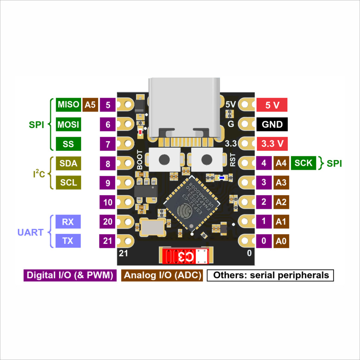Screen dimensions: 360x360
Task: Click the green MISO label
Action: point(69,105)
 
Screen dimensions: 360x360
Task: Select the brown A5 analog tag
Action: point(90,105)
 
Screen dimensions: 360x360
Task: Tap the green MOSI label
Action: point(69,124)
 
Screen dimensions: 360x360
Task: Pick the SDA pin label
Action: point(69,163)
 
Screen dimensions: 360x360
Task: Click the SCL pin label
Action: point(69,183)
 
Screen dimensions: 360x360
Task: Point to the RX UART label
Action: point(68,222)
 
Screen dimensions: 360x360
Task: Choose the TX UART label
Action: point(68,241)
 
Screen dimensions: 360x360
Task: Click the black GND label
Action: point(272,124)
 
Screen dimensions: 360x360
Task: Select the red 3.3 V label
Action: point(272,144)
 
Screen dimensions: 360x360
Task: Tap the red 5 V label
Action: point(272,105)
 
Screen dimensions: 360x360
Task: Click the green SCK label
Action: point(303,163)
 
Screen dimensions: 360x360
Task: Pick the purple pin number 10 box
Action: point(108,202)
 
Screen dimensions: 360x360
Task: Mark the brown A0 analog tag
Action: point(281,241)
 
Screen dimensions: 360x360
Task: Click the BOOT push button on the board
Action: point(163,159)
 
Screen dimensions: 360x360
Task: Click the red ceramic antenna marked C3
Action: point(186,256)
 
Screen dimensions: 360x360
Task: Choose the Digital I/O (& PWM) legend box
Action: point(70,275)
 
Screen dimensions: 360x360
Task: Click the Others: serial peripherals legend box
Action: point(270,275)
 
